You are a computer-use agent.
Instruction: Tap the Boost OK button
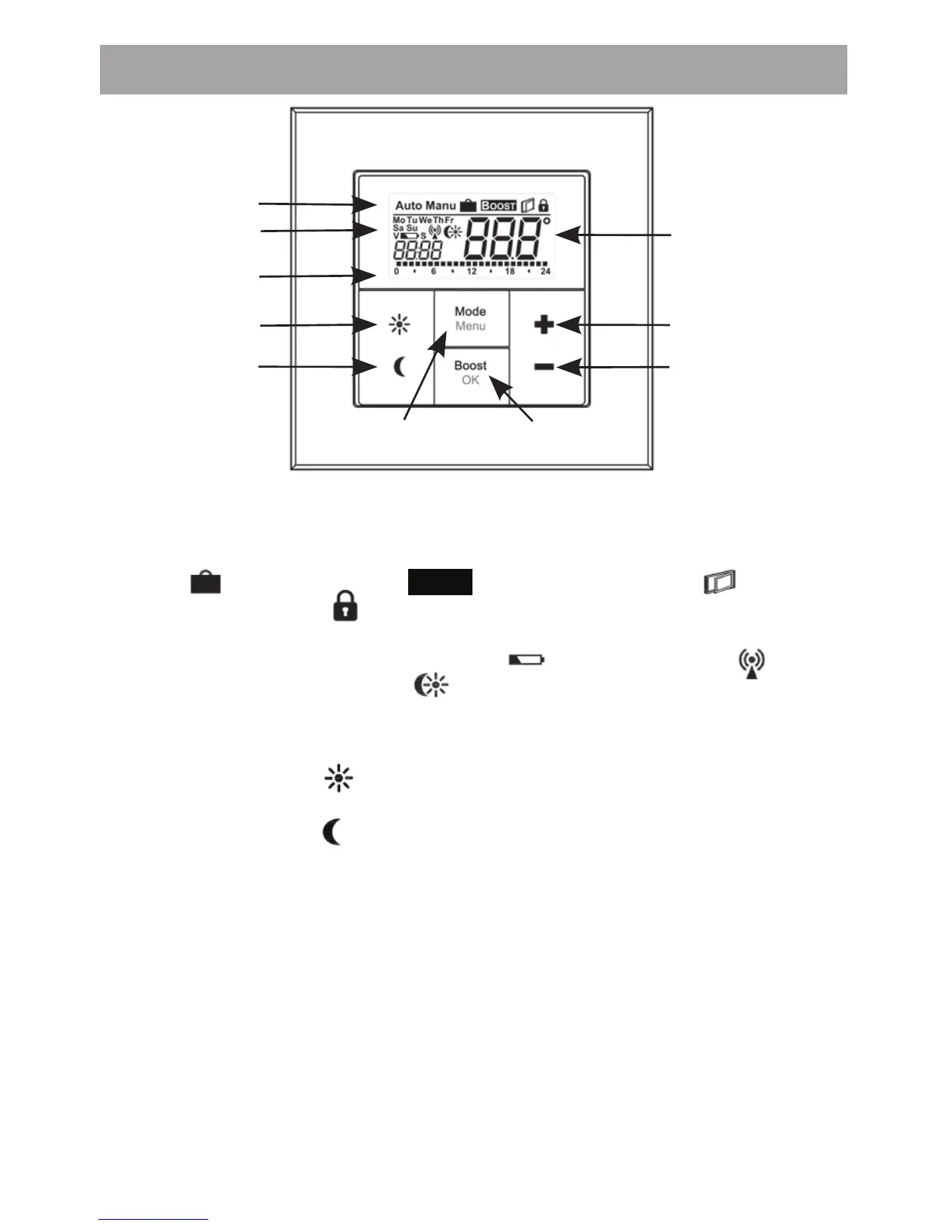(470, 372)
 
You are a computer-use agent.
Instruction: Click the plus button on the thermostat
(544, 325)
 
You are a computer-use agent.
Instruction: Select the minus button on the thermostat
(544, 367)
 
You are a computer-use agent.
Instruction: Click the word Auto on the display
(408, 206)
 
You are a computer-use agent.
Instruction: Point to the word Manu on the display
(441, 206)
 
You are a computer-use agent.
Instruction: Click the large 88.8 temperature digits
(503, 240)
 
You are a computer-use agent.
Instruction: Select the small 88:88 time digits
(417, 250)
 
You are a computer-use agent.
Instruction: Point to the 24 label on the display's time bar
(545, 272)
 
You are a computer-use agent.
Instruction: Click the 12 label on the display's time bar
(472, 272)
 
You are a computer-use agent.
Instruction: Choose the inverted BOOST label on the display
(498, 206)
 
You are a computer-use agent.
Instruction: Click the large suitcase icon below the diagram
(206, 581)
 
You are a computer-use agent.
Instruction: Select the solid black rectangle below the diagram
(440, 581)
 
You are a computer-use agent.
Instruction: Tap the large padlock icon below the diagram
(345, 606)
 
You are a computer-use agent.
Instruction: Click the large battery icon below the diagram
(527, 660)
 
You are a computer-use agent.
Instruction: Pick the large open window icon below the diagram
(720, 582)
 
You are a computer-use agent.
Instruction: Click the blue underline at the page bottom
(153, 1220)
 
